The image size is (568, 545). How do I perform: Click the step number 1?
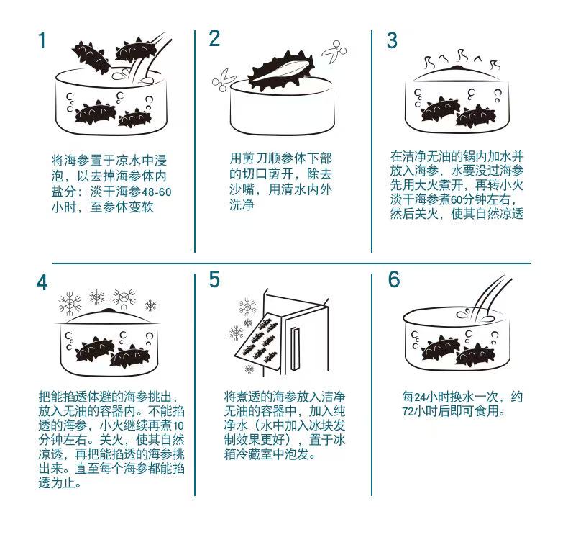[x=42, y=40]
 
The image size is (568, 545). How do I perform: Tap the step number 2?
[x=214, y=38]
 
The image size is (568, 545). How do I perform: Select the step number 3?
[x=392, y=40]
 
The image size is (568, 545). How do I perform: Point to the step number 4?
[x=42, y=282]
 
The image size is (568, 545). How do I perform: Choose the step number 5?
[x=214, y=279]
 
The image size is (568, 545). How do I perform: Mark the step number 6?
[x=394, y=279]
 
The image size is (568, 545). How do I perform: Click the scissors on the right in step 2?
[x=334, y=52]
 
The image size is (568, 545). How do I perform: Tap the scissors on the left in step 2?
[x=224, y=80]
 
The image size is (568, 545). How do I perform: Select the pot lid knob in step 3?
[x=457, y=67]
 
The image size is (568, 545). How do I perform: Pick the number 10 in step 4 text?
[x=178, y=425]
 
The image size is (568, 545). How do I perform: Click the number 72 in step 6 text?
[x=408, y=412]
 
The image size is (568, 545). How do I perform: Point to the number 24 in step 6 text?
[x=419, y=397]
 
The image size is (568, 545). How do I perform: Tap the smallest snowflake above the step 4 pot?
[x=151, y=306]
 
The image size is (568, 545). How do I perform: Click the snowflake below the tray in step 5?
[x=249, y=369]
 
